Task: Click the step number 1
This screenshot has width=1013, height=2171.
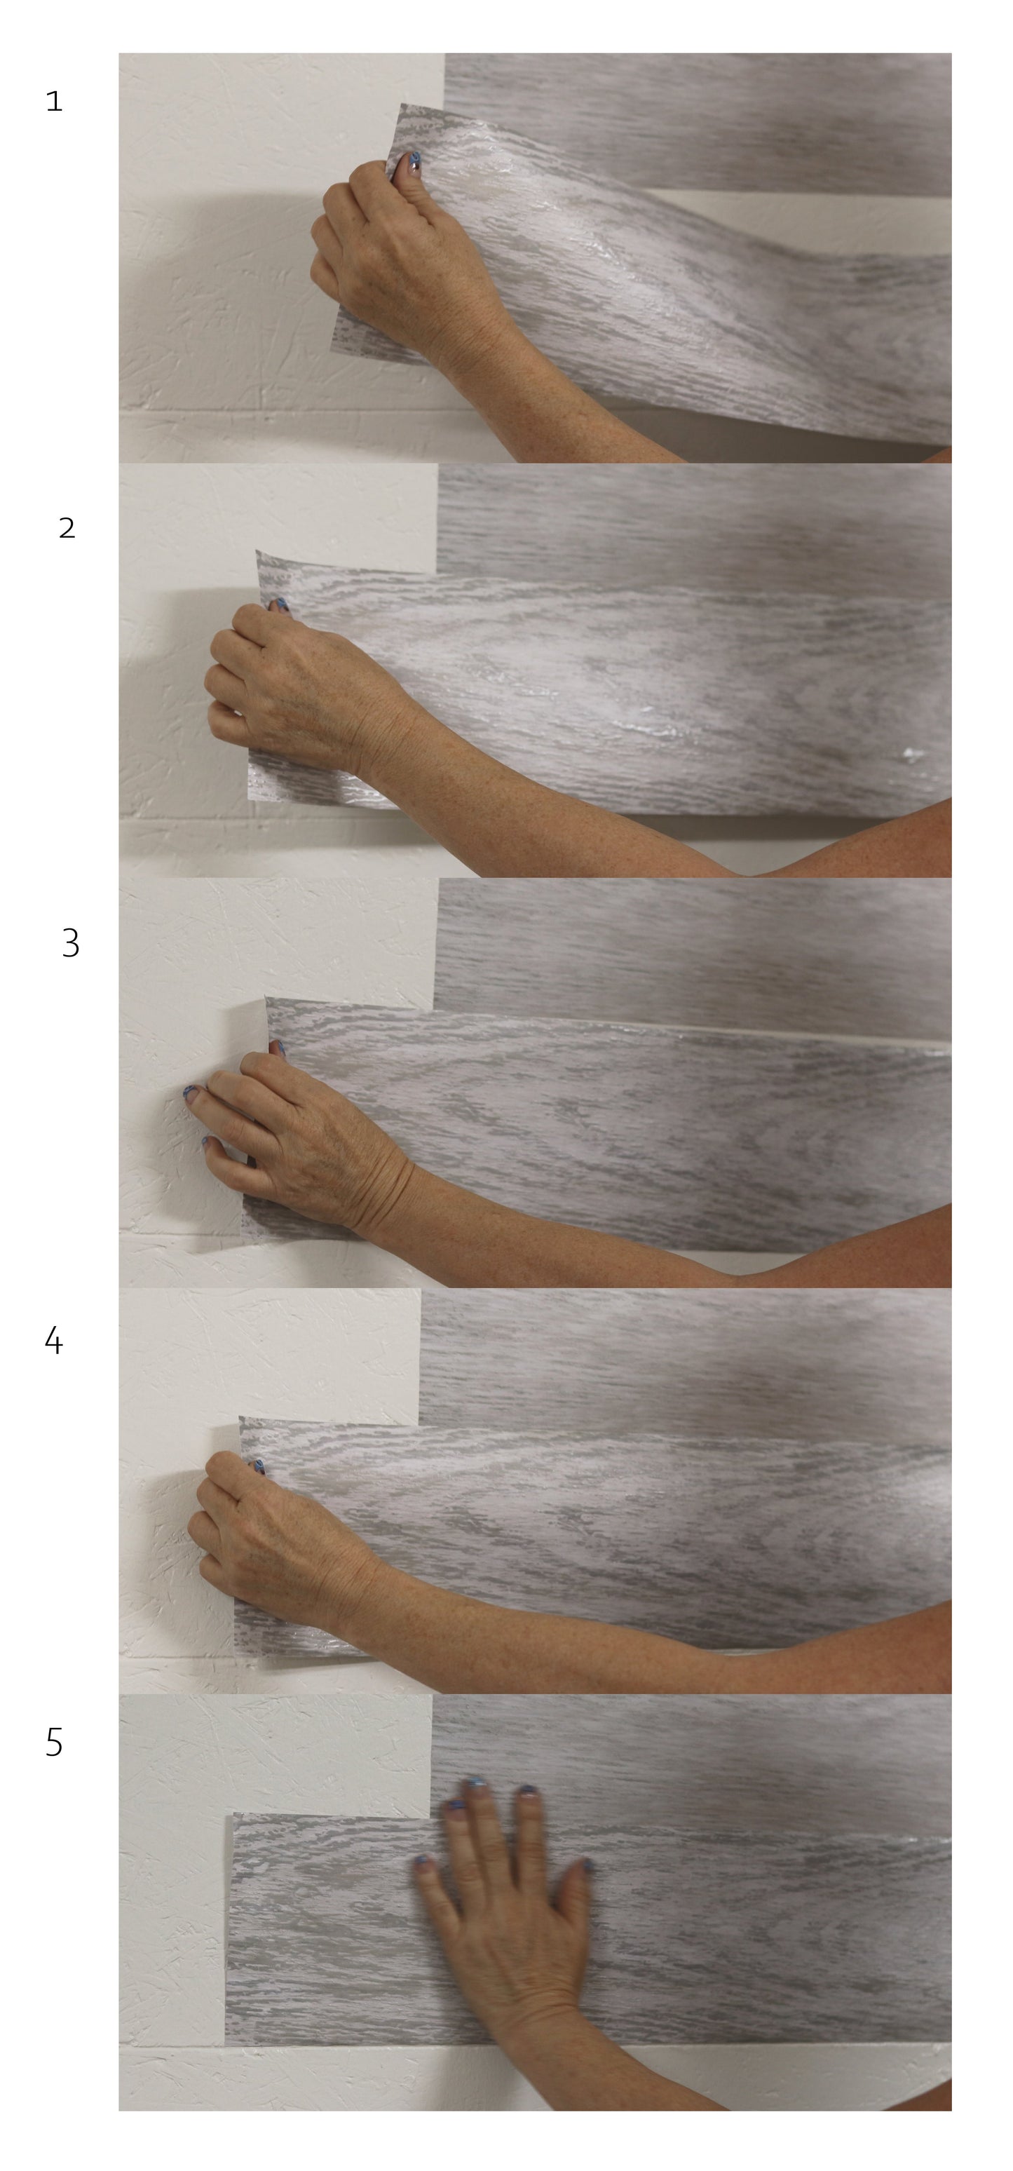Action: (55, 102)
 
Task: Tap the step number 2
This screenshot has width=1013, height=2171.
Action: (67, 529)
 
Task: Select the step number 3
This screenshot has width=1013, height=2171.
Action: (71, 943)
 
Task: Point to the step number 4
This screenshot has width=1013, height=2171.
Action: (53, 1340)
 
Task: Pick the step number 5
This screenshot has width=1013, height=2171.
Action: (54, 1742)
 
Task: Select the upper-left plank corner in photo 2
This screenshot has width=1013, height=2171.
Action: (258, 552)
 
